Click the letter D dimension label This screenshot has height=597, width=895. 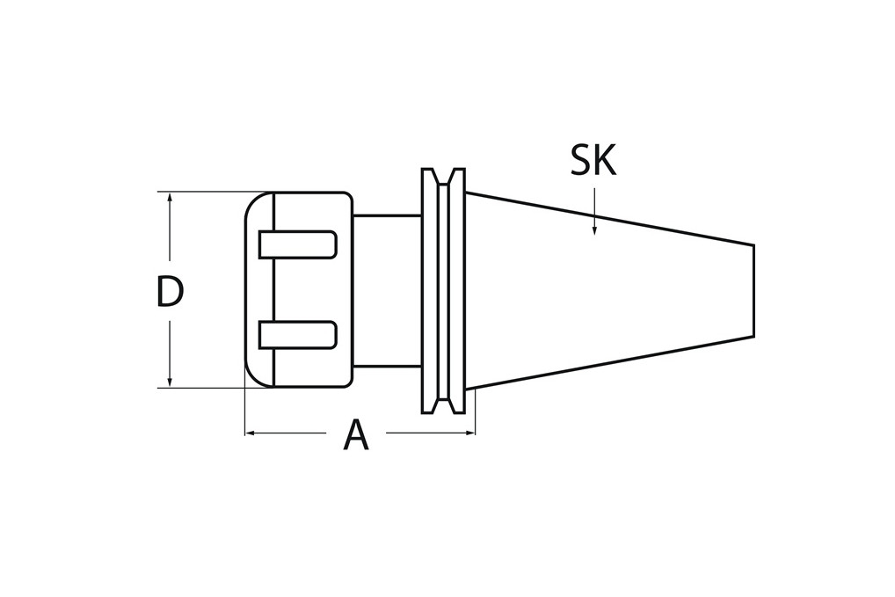pos(169,293)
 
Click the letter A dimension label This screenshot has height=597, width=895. pos(355,436)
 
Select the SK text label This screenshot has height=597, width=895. pos(593,160)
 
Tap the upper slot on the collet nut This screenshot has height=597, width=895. pos(297,244)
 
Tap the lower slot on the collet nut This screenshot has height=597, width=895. pos(297,334)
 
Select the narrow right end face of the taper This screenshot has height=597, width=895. pos(753,290)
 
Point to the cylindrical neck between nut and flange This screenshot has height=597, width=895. pos(387,290)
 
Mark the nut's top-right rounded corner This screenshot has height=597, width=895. pos(348,196)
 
